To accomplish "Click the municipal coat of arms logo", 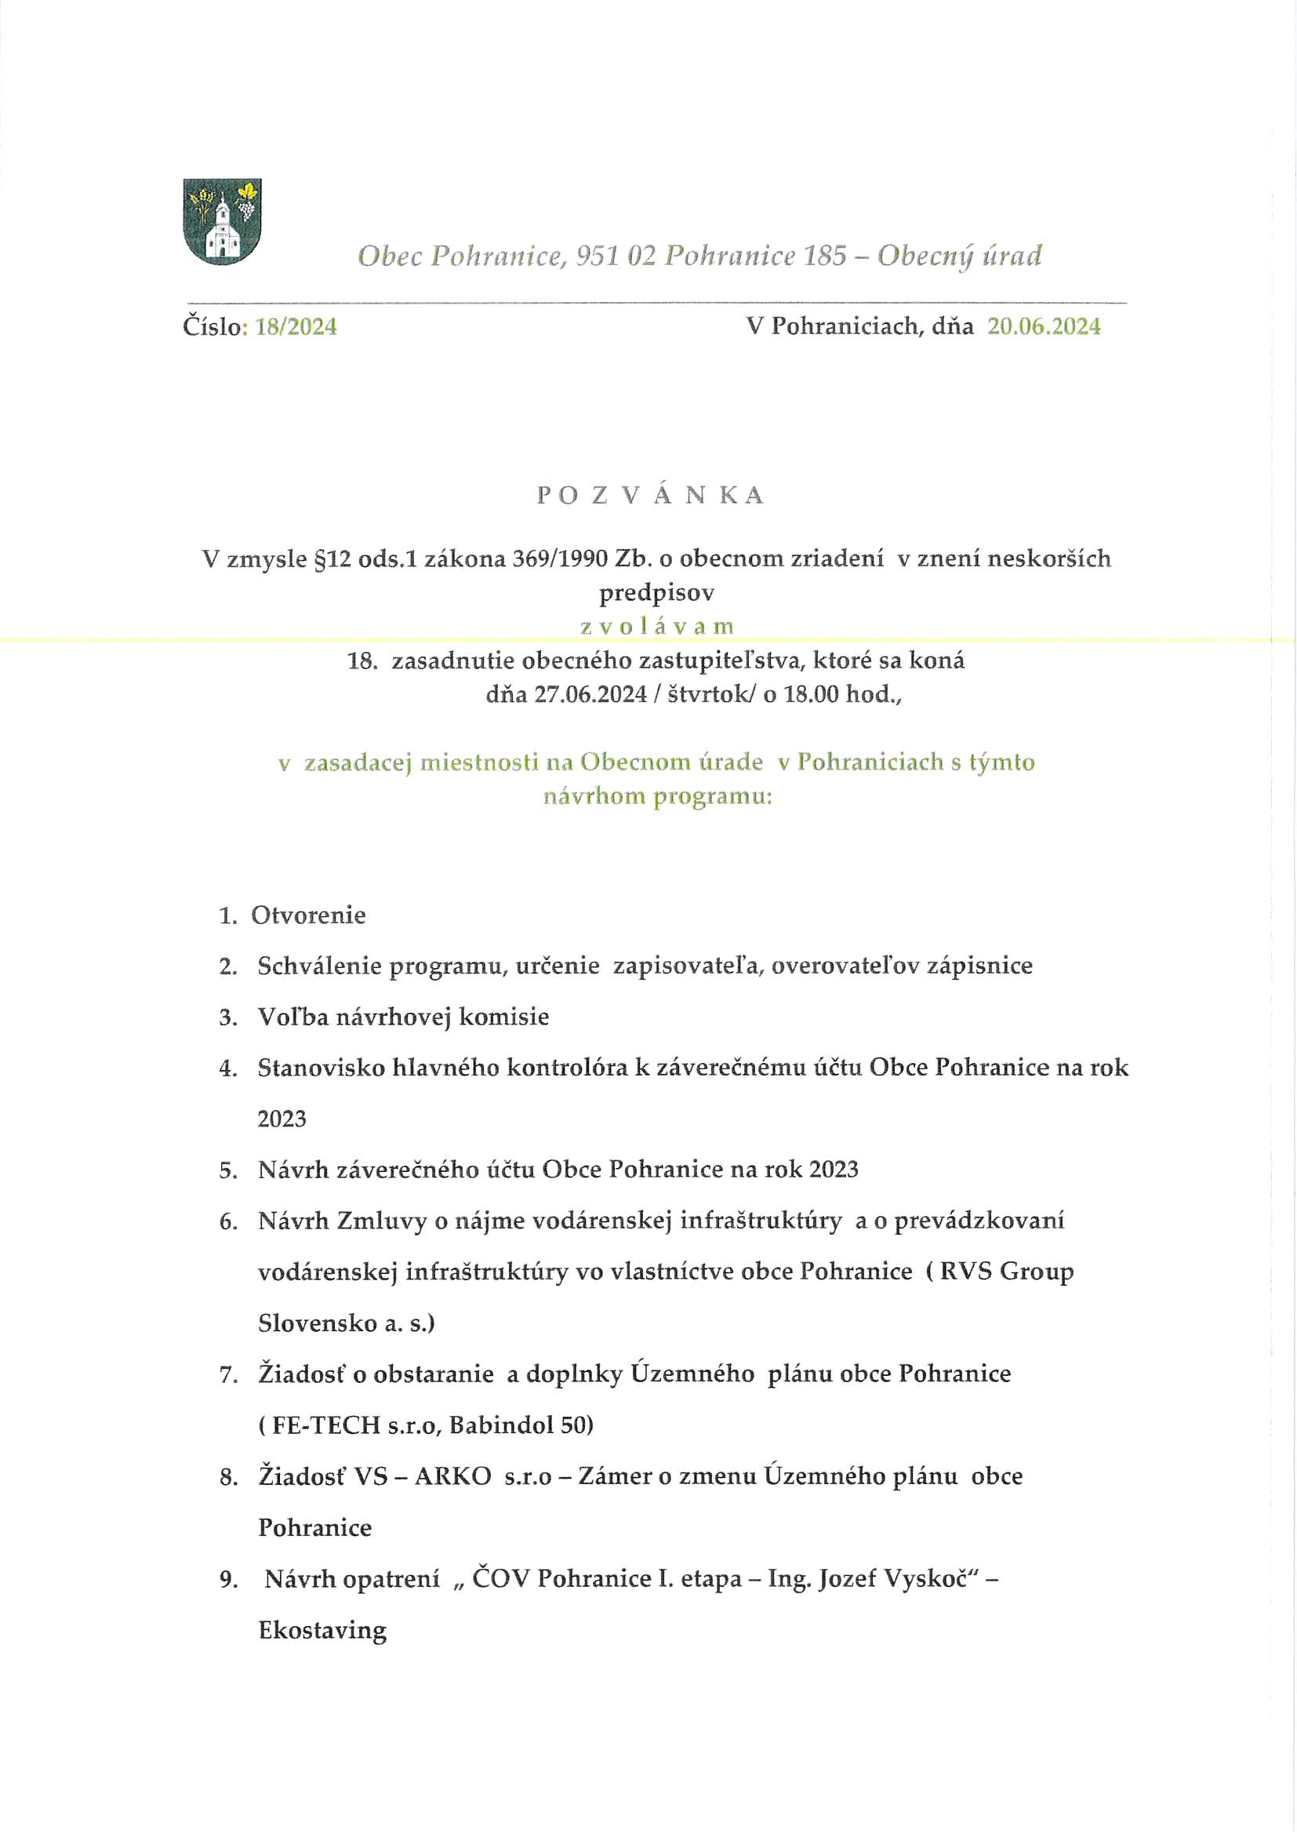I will (222, 221).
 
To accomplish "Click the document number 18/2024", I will (296, 326).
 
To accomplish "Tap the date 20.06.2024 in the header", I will (1043, 326).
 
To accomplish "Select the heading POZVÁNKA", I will (650, 495).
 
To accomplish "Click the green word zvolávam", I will (656, 626).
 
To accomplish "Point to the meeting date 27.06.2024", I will (590, 694).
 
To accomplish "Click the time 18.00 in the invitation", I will (811, 694).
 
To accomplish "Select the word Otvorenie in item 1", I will (308, 915).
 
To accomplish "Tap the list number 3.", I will (227, 1017).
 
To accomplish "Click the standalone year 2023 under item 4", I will (282, 1119).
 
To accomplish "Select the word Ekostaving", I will (322, 1630).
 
